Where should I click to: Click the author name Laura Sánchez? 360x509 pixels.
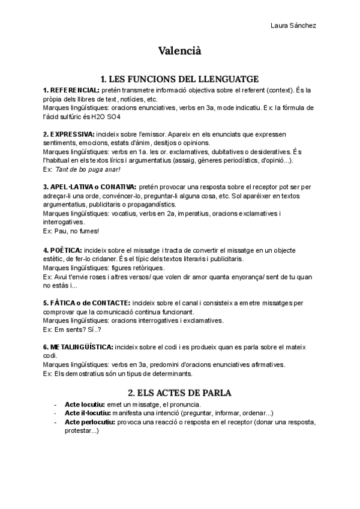point(293,25)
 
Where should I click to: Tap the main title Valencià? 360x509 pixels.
point(179,51)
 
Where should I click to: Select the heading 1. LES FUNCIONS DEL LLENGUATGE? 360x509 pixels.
point(179,79)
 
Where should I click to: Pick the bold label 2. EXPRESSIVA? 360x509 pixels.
point(69,134)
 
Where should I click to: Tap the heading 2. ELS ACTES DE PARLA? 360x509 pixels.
point(179,393)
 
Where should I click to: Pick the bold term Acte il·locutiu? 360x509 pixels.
point(90,413)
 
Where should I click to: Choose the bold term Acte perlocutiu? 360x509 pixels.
point(94,422)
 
